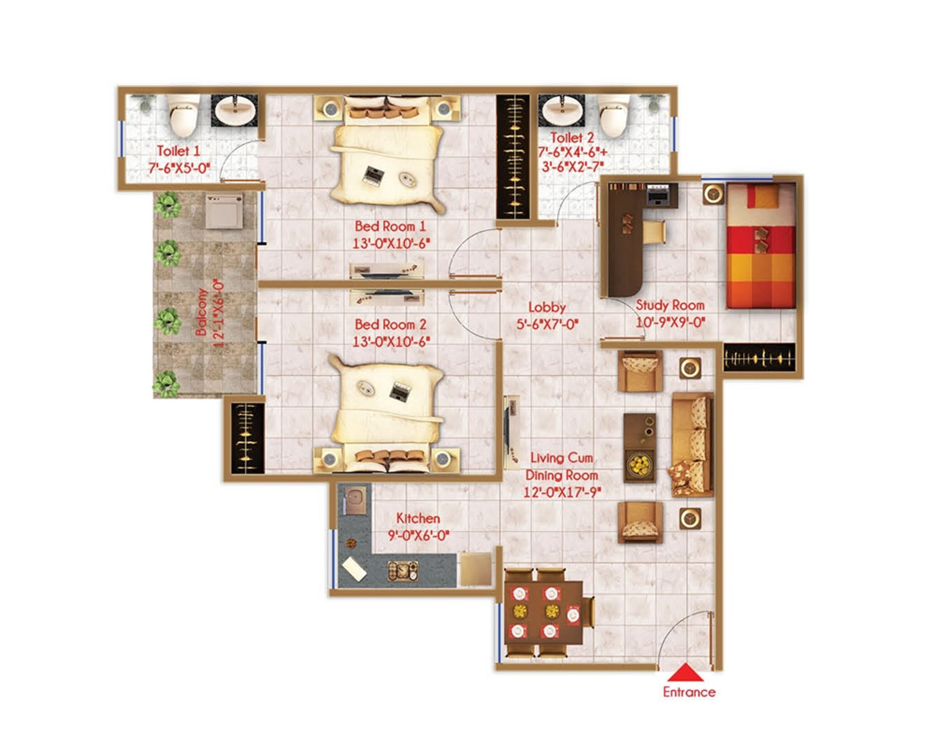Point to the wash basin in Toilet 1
click(x=234, y=111)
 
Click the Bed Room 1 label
click(x=390, y=226)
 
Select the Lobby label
click(x=547, y=307)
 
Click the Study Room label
click(x=670, y=305)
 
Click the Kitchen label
click(x=418, y=518)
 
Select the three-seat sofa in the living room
click(x=693, y=445)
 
